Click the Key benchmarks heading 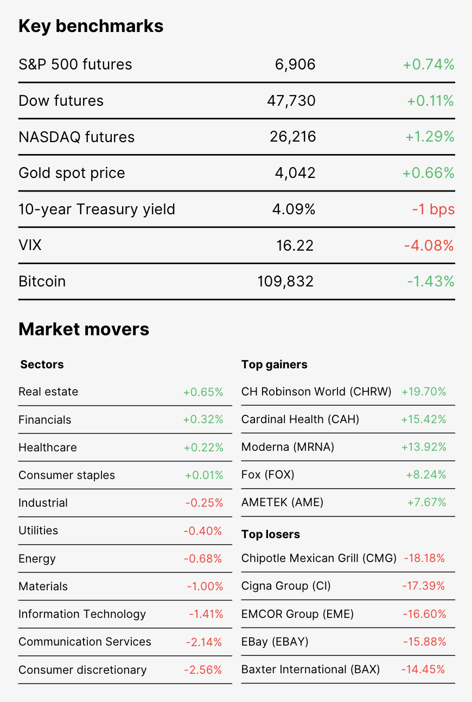(91, 27)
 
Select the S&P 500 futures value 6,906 (295, 65)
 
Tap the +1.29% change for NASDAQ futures (430, 137)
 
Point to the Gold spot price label (72, 173)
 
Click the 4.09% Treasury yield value (294, 209)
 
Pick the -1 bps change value (433, 209)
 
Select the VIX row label (30, 245)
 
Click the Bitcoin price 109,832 (285, 282)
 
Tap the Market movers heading (84, 329)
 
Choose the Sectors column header (42, 365)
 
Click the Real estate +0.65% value (203, 392)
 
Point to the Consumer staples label (67, 475)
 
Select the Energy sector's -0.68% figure (203, 559)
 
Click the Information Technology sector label (82, 614)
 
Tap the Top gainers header (274, 365)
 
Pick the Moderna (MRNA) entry (288, 447)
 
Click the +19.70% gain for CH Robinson (424, 392)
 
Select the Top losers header (271, 534)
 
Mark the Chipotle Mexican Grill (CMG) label (319, 558)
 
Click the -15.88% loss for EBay (425, 642)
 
